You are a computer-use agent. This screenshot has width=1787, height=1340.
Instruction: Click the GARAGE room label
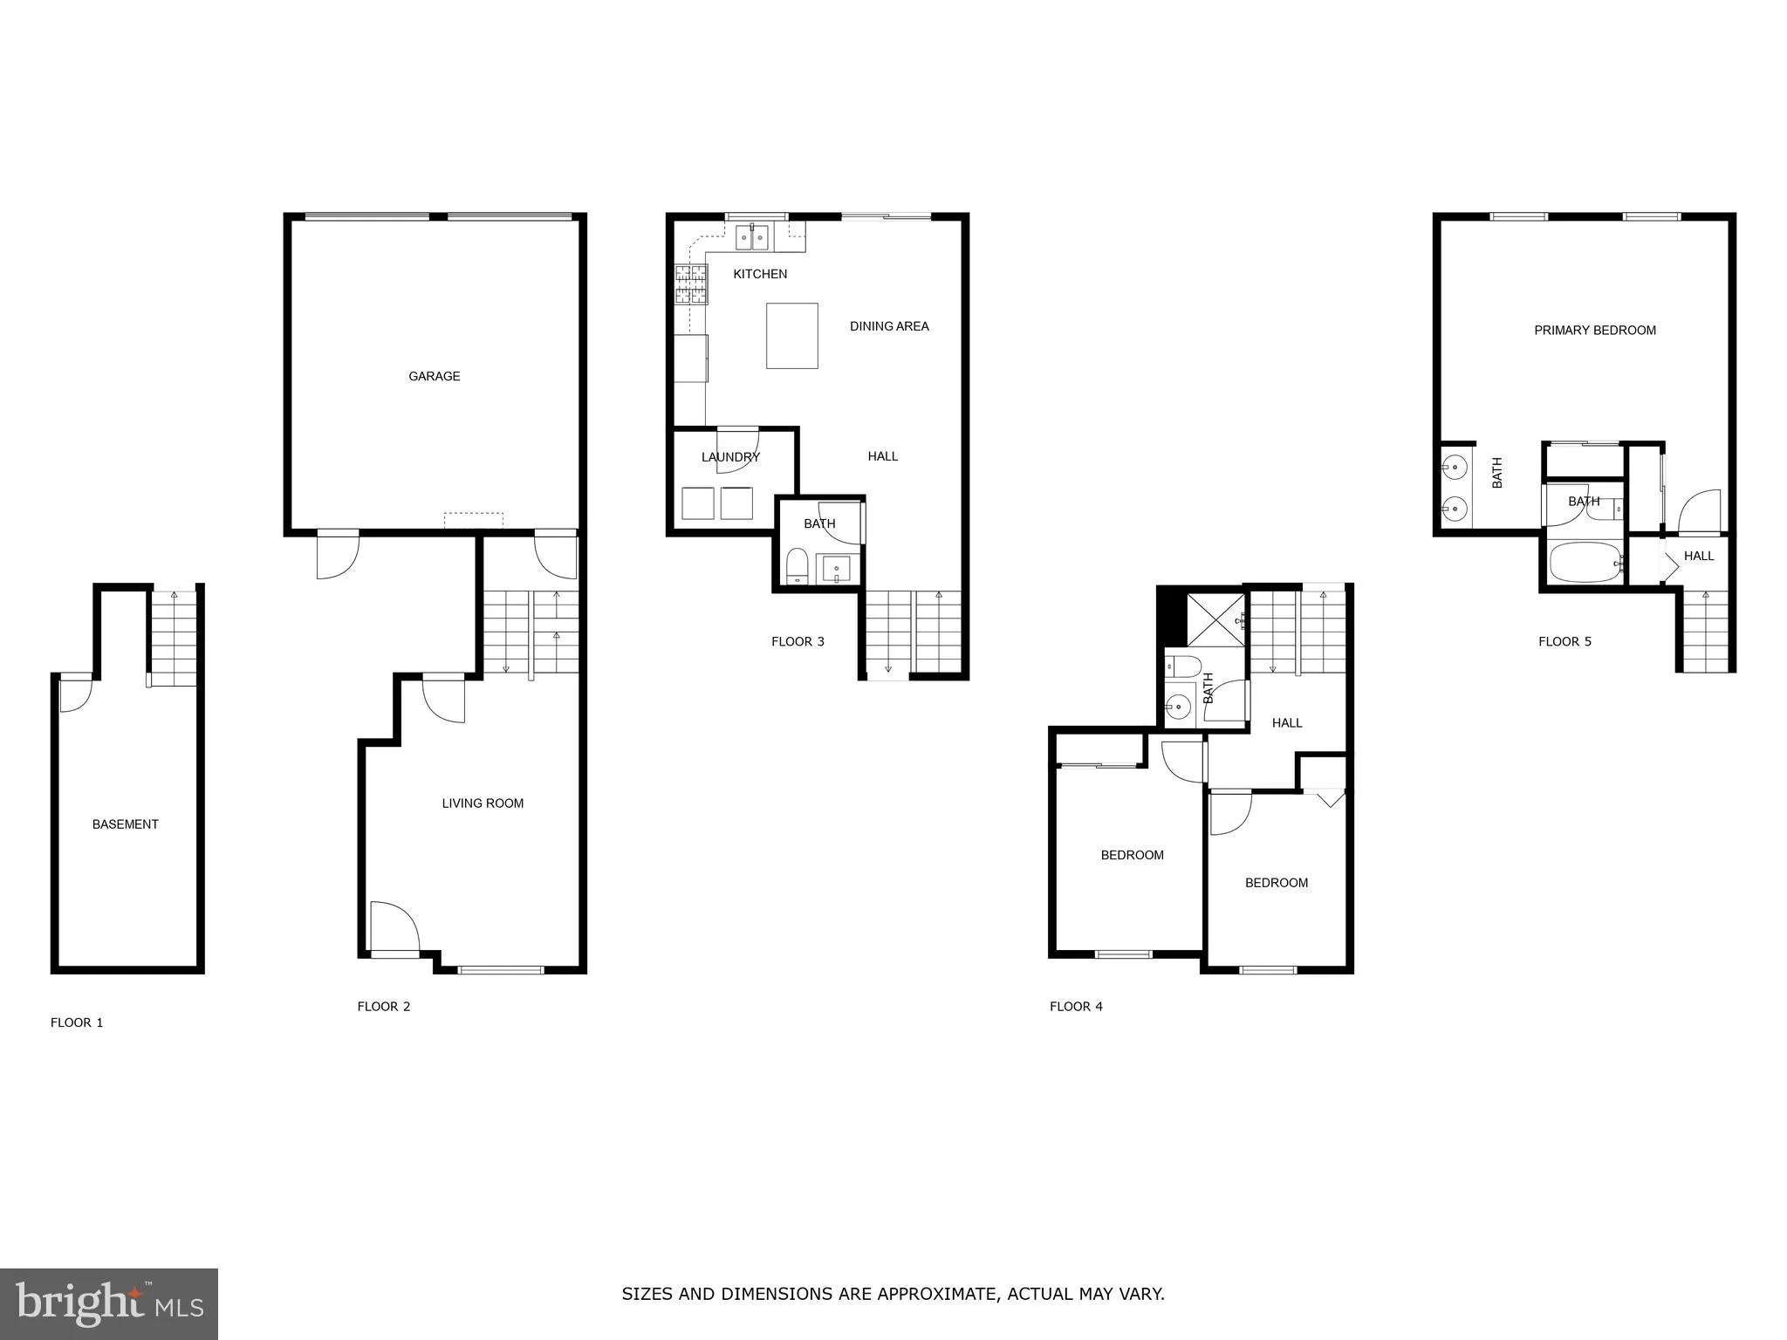click(x=434, y=376)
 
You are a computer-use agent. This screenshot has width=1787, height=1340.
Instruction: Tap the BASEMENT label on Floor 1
click(x=125, y=824)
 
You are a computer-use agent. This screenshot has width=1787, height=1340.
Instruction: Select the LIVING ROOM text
click(x=483, y=803)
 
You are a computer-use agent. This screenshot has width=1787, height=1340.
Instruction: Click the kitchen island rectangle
click(x=791, y=336)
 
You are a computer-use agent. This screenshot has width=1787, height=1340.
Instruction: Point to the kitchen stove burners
click(x=690, y=284)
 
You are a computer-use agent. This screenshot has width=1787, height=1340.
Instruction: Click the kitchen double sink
click(x=751, y=236)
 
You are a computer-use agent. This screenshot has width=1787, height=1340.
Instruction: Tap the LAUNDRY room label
click(x=730, y=457)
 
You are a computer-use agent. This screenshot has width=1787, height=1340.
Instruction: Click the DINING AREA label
click(x=889, y=326)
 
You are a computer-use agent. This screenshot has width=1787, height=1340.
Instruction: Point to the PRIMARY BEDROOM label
click(x=1594, y=331)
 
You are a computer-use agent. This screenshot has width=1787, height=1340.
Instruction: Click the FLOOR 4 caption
click(x=1076, y=1007)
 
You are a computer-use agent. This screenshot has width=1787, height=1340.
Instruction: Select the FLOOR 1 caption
click(x=77, y=1022)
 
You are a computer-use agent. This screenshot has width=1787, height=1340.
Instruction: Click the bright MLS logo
click(x=109, y=1303)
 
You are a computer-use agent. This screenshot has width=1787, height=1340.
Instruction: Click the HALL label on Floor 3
click(x=882, y=456)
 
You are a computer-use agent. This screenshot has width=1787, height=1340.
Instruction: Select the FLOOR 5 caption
click(x=1564, y=642)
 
